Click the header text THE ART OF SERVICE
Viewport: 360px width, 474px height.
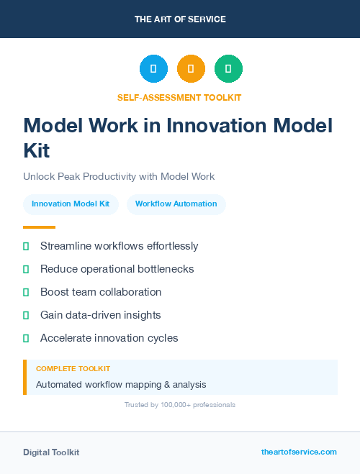point(180,19)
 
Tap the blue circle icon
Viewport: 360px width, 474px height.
point(153,69)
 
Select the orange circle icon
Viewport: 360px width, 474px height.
point(191,69)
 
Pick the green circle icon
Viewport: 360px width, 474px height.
point(228,69)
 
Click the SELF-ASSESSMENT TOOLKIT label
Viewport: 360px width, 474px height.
point(179,97)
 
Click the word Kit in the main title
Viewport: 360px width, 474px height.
point(36,151)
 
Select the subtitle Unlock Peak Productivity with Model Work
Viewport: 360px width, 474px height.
point(119,176)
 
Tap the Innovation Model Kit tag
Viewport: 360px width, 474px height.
point(71,204)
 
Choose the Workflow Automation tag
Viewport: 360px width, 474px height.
point(176,204)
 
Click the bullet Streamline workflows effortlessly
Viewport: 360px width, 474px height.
point(119,246)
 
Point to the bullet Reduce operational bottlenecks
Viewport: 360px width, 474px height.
point(117,269)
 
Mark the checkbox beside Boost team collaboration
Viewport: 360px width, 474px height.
point(26,292)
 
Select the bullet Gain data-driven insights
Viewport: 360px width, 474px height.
point(100,315)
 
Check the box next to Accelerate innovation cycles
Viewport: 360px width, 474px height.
point(26,338)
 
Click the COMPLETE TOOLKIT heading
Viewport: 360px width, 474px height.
point(73,368)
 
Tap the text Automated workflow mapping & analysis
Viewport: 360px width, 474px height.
point(121,385)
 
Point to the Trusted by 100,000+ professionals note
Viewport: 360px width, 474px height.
point(179,405)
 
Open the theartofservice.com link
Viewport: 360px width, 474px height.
point(299,452)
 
